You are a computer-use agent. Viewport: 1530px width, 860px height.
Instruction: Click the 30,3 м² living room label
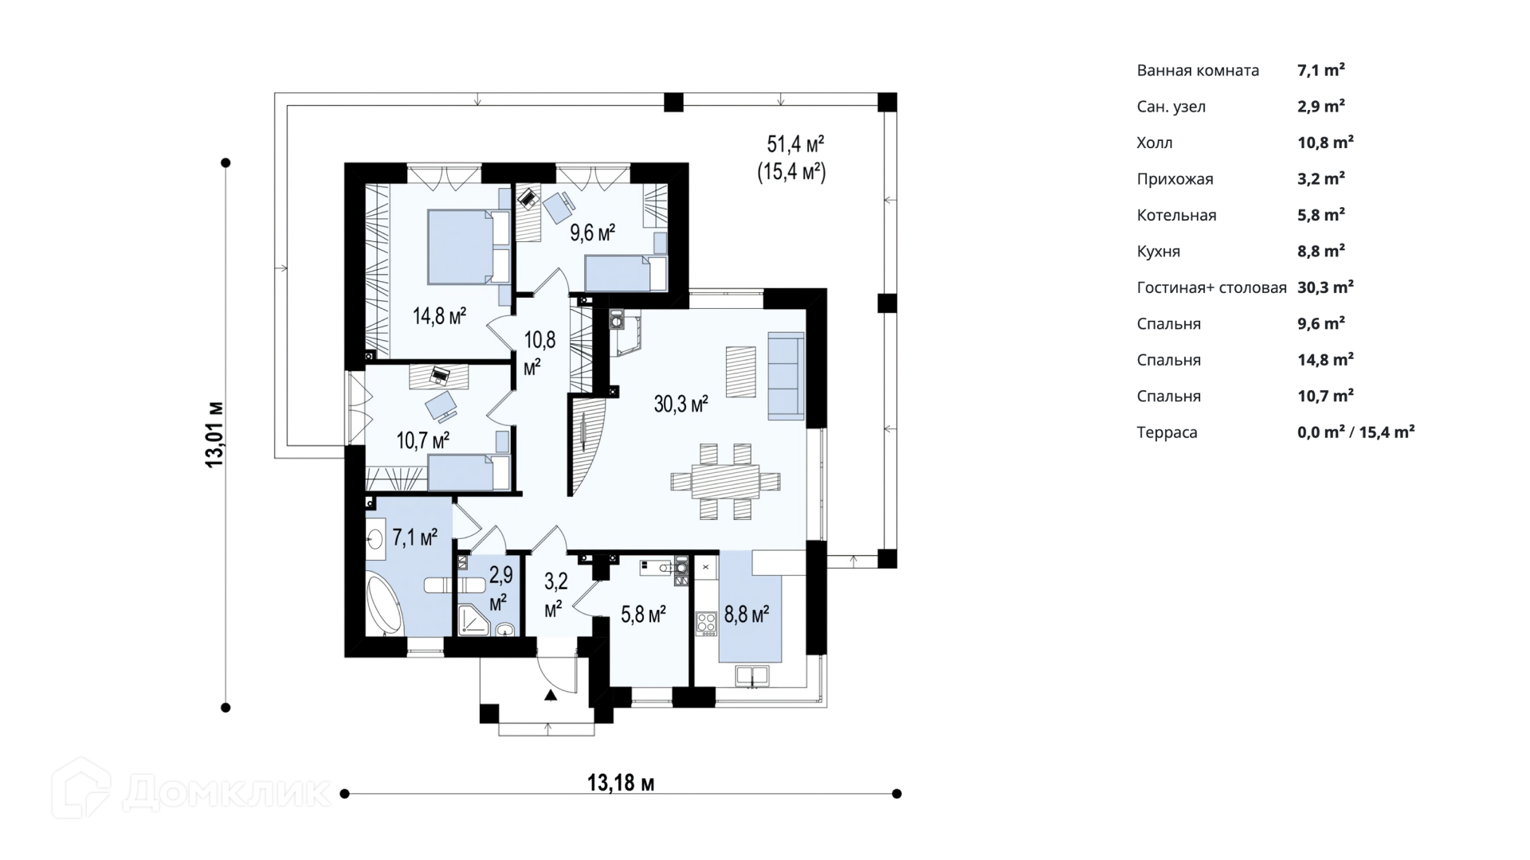click(681, 404)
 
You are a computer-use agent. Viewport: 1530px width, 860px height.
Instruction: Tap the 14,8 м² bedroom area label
click(439, 316)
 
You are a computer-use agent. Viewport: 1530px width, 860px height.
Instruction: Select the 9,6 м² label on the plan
click(592, 233)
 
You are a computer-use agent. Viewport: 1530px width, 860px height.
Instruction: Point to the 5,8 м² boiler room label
click(643, 614)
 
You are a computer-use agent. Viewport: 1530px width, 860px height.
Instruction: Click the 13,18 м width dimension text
click(621, 783)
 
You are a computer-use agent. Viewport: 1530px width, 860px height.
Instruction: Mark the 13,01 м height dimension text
click(214, 435)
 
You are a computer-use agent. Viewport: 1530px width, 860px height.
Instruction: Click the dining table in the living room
click(725, 482)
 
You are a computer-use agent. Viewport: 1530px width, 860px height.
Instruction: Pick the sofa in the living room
click(786, 375)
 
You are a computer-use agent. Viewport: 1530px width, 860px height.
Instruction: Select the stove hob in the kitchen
click(706, 623)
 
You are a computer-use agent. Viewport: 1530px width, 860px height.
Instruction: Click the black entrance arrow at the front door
click(550, 695)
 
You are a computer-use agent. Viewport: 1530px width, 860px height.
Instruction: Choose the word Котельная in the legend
click(1176, 215)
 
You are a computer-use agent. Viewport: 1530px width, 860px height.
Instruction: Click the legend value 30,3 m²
click(1325, 287)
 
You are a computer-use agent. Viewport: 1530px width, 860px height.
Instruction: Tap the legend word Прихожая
click(1175, 179)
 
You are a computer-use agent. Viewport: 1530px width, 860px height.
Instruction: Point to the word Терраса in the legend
click(1167, 432)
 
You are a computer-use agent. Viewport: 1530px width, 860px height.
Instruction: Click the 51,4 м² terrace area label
click(795, 144)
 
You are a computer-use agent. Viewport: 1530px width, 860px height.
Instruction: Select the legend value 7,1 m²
click(1321, 70)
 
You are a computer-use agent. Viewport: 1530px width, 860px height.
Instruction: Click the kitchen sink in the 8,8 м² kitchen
click(751, 676)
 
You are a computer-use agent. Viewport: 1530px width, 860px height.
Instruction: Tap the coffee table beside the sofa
click(740, 371)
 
